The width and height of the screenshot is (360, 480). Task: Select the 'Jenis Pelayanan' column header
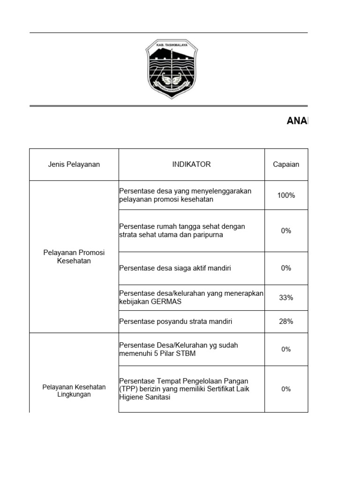pos(74,165)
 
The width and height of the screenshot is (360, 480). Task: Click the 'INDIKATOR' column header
pos(191,165)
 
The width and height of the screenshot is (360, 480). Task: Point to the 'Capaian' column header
pos(286,165)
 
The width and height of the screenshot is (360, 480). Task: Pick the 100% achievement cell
pos(286,195)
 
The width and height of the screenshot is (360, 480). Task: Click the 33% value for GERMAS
pos(286,298)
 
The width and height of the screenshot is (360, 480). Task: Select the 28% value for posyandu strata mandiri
pos(286,322)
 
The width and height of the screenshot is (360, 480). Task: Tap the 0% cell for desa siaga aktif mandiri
pos(286,268)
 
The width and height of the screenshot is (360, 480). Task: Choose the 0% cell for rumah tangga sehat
pos(286,231)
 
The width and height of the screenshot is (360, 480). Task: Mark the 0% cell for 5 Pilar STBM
pos(286,349)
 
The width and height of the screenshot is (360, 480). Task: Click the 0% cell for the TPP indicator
pos(286,389)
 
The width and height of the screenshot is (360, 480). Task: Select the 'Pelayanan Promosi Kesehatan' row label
pos(74,256)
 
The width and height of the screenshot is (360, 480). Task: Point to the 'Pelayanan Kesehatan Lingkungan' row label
pos(74,390)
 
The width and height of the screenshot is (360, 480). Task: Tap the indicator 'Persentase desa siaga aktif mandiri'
pos(175,268)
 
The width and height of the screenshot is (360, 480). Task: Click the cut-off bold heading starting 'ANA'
pos(297,121)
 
